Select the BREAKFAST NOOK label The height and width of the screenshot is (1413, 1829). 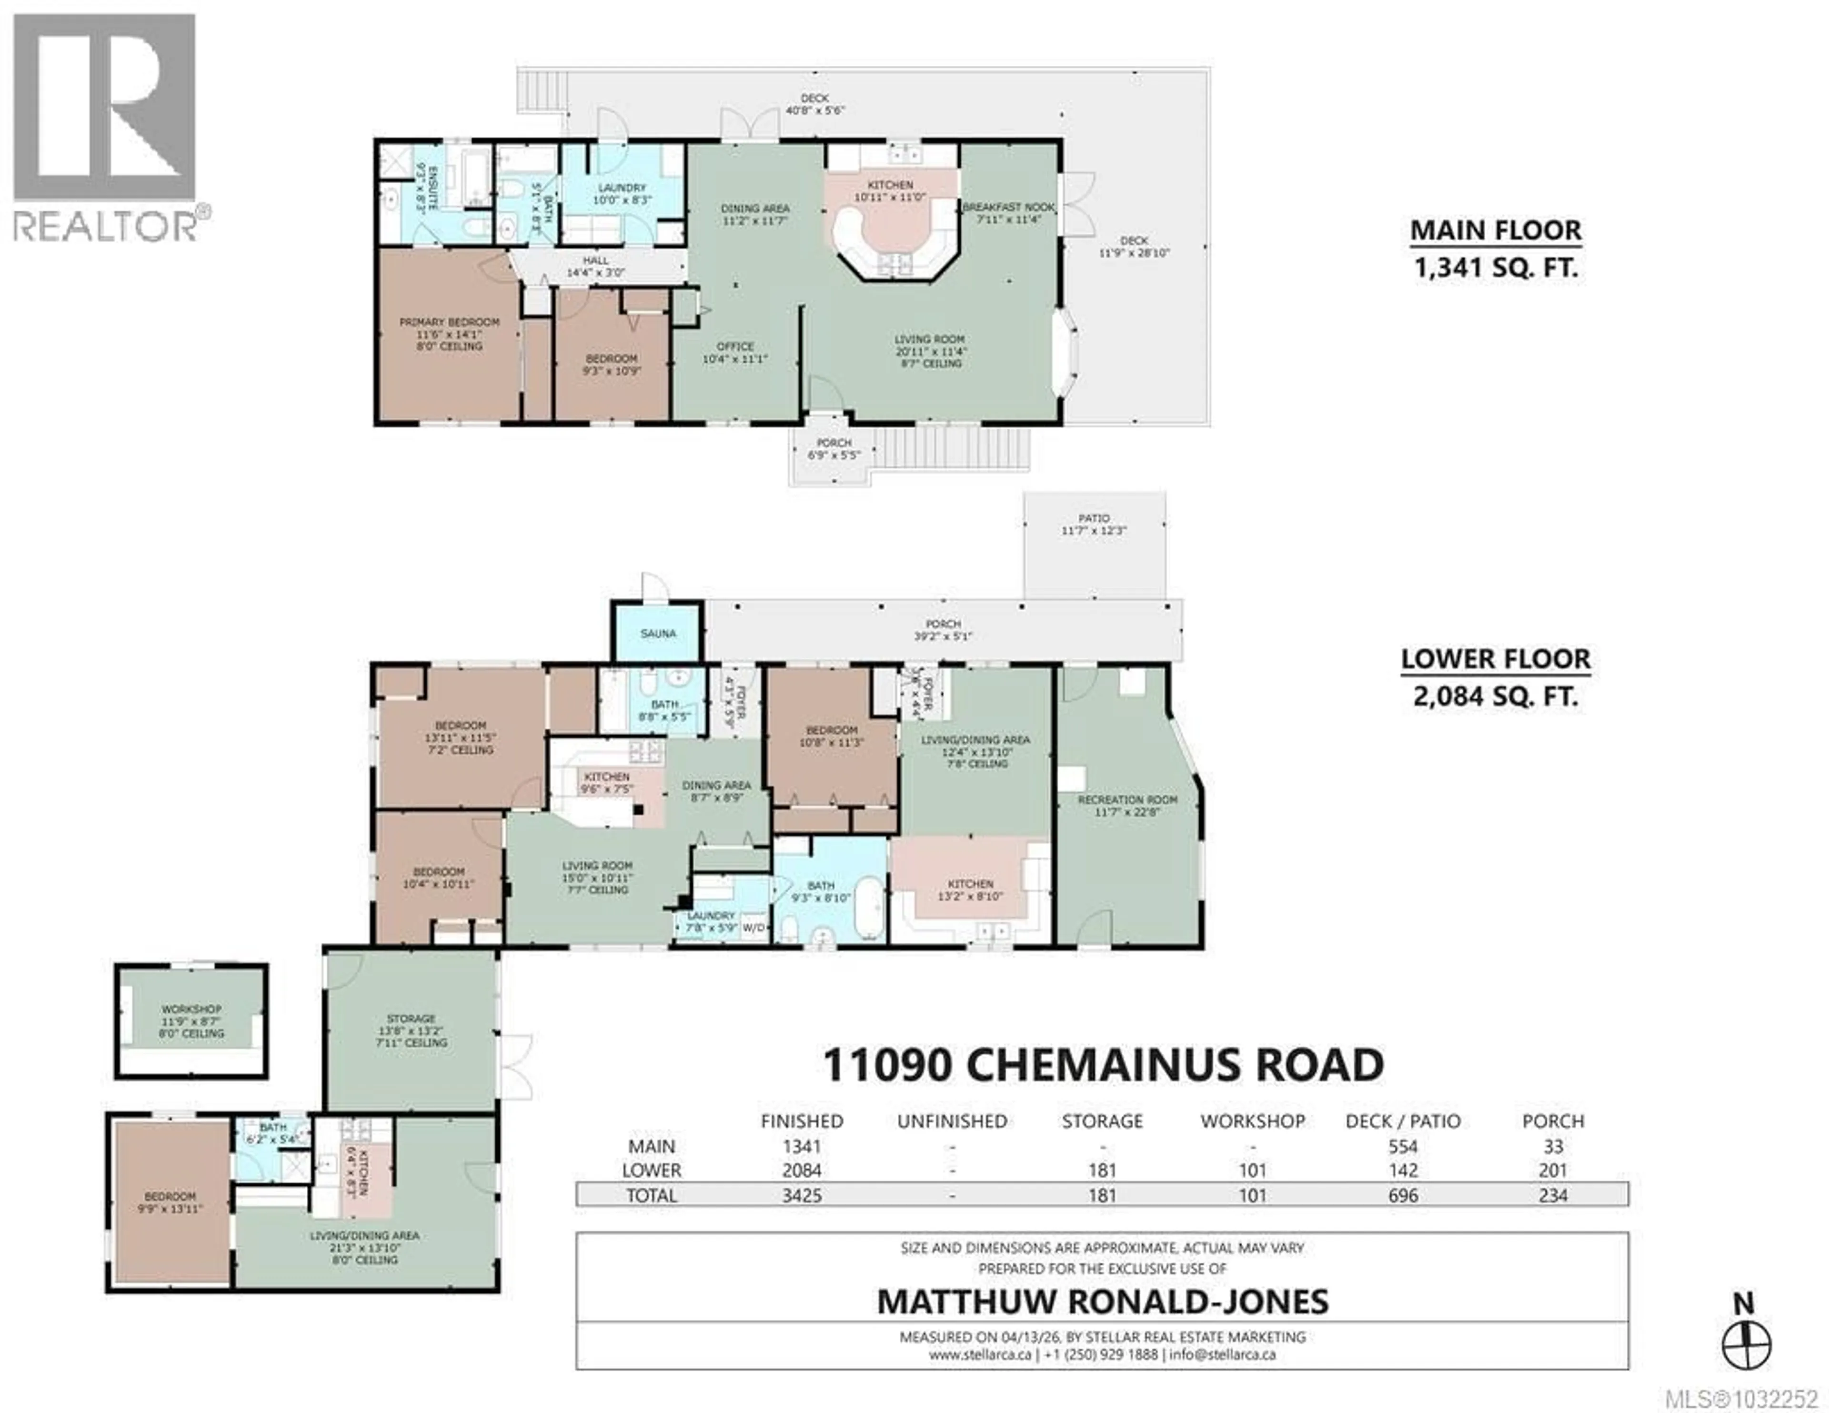click(x=1008, y=207)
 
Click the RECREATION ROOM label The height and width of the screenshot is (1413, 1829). click(x=1127, y=800)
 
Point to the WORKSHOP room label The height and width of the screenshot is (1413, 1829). click(x=192, y=1009)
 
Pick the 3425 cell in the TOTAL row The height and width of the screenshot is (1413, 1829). click(x=802, y=1195)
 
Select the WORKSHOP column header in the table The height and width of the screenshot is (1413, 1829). click(x=1252, y=1120)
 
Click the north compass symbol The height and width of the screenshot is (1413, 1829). click(x=1746, y=1346)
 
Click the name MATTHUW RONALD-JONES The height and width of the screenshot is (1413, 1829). click(x=1102, y=1301)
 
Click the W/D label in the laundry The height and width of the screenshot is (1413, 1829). click(x=754, y=927)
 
